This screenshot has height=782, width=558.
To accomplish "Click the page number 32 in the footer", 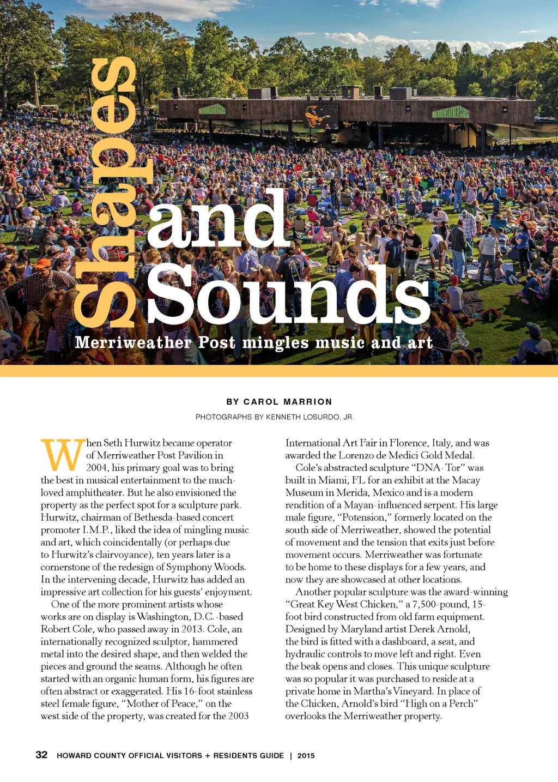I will (x=41, y=755).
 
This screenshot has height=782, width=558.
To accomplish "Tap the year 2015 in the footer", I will (x=306, y=755).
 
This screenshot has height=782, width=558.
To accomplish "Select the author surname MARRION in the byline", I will (x=308, y=402).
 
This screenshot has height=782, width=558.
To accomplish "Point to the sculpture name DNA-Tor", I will (x=448, y=468).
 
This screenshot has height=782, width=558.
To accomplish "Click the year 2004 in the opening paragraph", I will (x=96, y=468).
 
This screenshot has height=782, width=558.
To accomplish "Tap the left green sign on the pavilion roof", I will (x=211, y=109).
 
